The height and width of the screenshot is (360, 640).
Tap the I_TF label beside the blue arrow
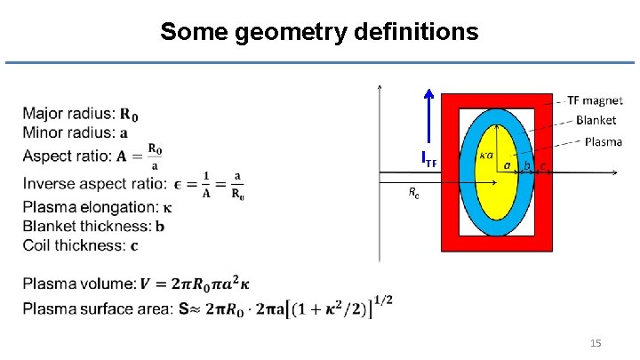[x=430, y=161]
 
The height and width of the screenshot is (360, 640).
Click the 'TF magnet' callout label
[x=595, y=100]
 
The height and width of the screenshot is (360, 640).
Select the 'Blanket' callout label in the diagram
[x=596, y=121]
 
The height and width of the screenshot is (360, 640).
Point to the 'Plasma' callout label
[x=603, y=142]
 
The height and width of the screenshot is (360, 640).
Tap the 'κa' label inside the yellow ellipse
[x=486, y=155]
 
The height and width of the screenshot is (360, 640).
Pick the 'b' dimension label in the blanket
[x=527, y=165]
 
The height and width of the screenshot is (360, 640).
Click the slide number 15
[x=596, y=342]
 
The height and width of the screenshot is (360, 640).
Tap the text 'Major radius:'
[x=68, y=113]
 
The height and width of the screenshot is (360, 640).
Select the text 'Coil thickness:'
[x=75, y=244]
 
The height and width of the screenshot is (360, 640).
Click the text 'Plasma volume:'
[x=77, y=284]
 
